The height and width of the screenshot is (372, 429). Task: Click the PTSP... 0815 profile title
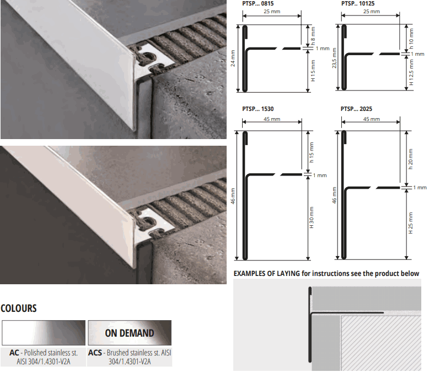[x=258, y=3]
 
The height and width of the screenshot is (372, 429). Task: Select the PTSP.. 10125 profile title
[x=358, y=3]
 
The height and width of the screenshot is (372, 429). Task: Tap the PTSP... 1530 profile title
[x=258, y=109]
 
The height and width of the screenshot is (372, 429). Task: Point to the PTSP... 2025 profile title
[x=356, y=109]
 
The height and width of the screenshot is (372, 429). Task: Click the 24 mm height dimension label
[x=233, y=58]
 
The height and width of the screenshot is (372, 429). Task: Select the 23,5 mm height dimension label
[x=334, y=58]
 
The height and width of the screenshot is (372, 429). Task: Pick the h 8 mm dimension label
[x=313, y=36]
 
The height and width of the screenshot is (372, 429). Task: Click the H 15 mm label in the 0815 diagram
[x=313, y=71]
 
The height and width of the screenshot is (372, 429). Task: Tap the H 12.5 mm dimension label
[x=411, y=72]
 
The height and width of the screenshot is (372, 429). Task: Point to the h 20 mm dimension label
[x=410, y=159]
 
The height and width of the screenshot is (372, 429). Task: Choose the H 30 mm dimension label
[x=312, y=217]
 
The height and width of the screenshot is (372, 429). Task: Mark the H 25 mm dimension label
[x=410, y=223]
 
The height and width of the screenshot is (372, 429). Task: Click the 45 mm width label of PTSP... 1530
[x=272, y=119]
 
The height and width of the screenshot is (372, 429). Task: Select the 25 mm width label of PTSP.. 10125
[x=372, y=12]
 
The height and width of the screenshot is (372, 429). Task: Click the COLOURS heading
[x=19, y=309]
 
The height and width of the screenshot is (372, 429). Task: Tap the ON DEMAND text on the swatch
[x=130, y=333]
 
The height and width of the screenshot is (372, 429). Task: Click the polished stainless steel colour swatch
[x=44, y=333]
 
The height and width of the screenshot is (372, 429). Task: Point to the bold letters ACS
[x=95, y=353]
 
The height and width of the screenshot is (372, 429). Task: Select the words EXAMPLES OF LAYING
[x=267, y=273]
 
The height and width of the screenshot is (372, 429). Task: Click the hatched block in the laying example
[x=381, y=343]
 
